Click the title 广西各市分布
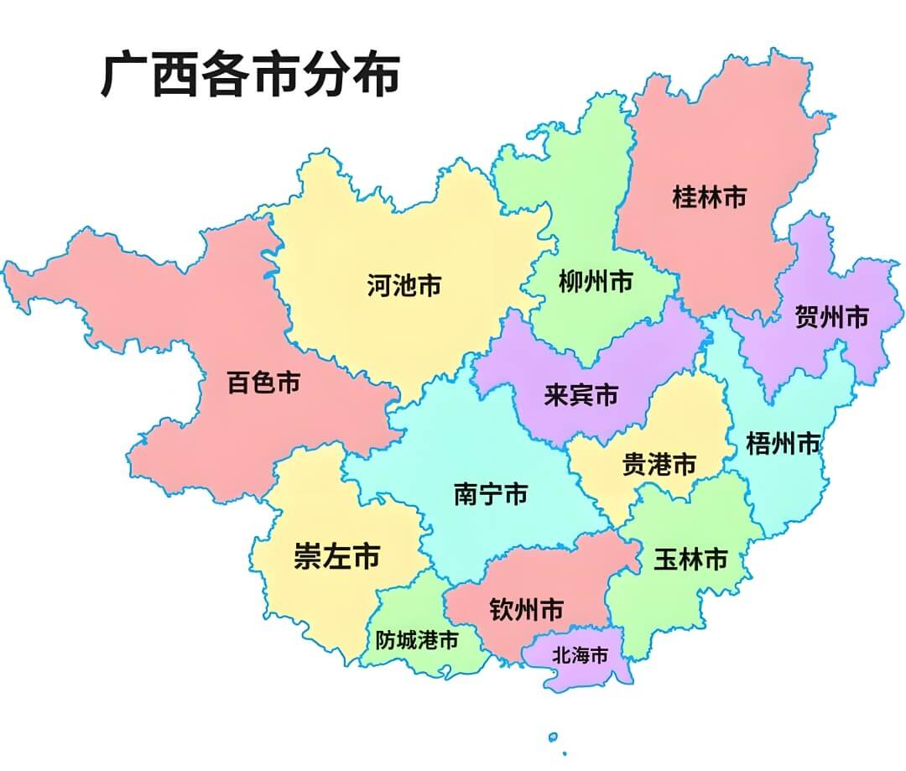(x=250, y=76)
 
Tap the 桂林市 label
(x=709, y=198)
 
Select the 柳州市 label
(x=596, y=283)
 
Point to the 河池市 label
(x=404, y=286)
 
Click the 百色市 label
(x=263, y=383)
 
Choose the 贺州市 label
(x=831, y=317)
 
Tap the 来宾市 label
(x=581, y=395)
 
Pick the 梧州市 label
(x=783, y=444)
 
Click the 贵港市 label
(x=659, y=464)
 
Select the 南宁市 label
(x=491, y=494)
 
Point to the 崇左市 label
(x=336, y=556)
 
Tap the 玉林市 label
(x=690, y=560)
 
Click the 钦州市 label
(x=526, y=610)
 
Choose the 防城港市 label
(x=417, y=641)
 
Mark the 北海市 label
(x=579, y=656)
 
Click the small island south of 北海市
(x=553, y=737)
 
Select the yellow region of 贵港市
(x=696, y=419)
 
